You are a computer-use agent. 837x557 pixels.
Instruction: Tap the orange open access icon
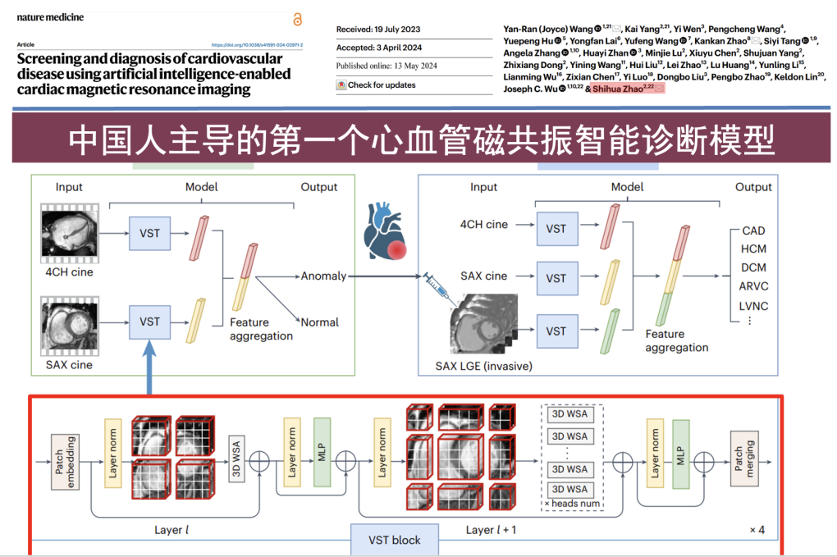tap(297, 19)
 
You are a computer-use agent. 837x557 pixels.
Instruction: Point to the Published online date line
tap(387, 66)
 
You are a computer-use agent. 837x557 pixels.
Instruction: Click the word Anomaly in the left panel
tap(323, 276)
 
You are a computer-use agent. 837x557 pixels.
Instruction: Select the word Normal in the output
tap(320, 322)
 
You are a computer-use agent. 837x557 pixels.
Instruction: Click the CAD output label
tap(752, 231)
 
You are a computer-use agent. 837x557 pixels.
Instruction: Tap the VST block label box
tap(395, 540)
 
